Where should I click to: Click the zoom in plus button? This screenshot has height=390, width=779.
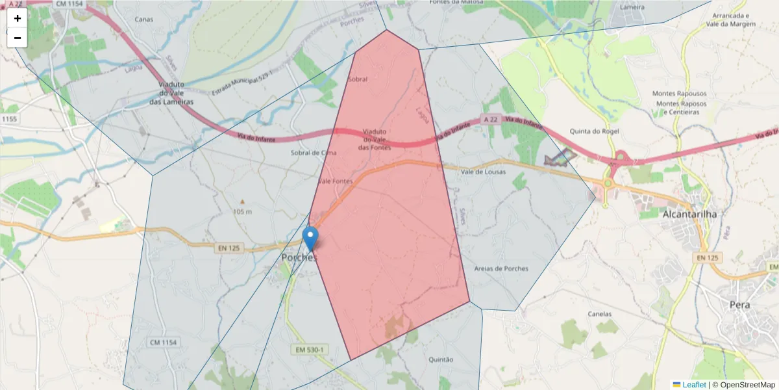pyautogui.click(x=18, y=18)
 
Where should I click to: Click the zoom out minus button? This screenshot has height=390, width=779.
pyautogui.click(x=18, y=38)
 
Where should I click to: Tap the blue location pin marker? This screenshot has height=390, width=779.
pyautogui.click(x=312, y=238)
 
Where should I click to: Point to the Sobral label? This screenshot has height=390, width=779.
pyautogui.click(x=358, y=79)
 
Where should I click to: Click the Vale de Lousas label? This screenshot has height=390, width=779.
pyautogui.click(x=482, y=172)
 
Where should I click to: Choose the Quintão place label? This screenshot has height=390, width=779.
pyautogui.click(x=441, y=359)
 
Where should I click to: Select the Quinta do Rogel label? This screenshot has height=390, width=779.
pyautogui.click(x=594, y=131)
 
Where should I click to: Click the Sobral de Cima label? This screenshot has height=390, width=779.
pyautogui.click(x=314, y=153)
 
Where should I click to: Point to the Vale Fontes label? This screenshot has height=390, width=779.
pyautogui.click(x=335, y=181)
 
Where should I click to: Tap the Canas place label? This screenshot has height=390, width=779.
pyautogui.click(x=143, y=19)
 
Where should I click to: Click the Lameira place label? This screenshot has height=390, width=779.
pyautogui.click(x=632, y=6)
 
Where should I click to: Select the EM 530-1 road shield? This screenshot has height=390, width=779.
pyautogui.click(x=310, y=350)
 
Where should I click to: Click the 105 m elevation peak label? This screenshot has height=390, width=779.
pyautogui.click(x=241, y=212)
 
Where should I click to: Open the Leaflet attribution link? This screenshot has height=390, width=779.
pyautogui.click(x=694, y=385)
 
